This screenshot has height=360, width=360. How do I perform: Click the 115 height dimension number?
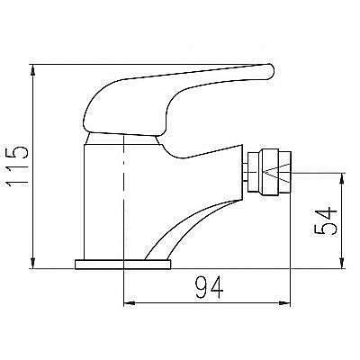tap(17, 166)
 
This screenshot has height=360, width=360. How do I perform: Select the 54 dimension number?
tap(326, 220)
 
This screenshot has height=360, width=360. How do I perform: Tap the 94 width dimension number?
tap(209, 287)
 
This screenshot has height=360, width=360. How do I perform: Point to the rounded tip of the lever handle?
tap(270, 71)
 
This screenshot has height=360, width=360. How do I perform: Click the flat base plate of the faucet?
tap(122, 265)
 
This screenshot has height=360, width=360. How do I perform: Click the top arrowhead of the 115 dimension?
tap(33, 70)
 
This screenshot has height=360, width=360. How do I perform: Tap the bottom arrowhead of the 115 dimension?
tap(33, 263)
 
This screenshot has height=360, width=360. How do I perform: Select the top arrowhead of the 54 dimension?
tap(341, 178)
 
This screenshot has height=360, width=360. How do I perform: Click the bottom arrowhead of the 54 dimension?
tap(341, 263)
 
